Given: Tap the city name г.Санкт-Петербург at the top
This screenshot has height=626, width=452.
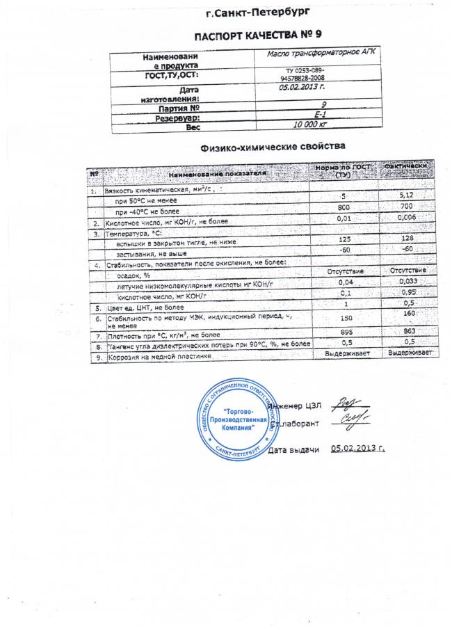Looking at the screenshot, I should (259, 13).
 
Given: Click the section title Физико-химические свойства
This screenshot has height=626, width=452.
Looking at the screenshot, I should (272, 147).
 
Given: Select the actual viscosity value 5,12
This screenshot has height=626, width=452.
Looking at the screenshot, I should (407, 198).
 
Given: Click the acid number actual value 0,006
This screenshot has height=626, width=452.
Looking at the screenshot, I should (407, 219).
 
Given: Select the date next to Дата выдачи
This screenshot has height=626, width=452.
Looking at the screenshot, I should (359, 449).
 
